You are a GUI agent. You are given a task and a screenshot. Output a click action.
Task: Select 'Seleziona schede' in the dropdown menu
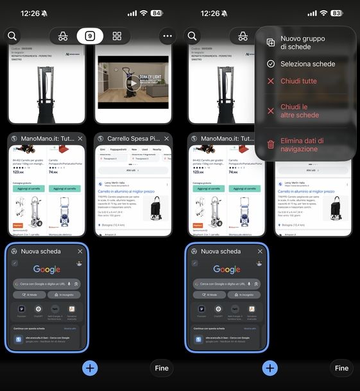pos(307,64)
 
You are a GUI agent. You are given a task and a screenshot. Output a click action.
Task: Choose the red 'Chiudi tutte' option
pos(298,81)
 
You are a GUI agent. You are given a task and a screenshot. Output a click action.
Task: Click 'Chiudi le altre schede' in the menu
pos(299,111)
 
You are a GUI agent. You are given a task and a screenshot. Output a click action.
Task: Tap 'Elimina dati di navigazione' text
pos(302,145)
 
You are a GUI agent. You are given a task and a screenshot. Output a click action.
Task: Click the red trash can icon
pos(271,145)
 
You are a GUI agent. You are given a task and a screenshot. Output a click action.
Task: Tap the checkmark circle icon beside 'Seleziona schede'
pos(271,64)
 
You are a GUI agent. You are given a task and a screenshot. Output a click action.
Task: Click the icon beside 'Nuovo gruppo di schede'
pos(271,42)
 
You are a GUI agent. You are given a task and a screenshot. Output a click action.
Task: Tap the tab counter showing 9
pos(90,36)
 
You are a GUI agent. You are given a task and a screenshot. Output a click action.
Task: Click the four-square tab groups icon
pos(117,36)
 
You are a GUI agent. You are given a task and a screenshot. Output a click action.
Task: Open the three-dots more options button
pos(168,36)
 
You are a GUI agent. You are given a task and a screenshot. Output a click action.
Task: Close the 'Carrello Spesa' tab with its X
pos(166,138)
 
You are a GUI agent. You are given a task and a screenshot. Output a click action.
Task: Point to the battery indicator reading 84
pos(157,13)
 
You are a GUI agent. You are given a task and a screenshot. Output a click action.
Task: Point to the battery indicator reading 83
pos(337,13)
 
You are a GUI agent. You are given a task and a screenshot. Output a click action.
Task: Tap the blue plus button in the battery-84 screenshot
pos(90,368)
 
